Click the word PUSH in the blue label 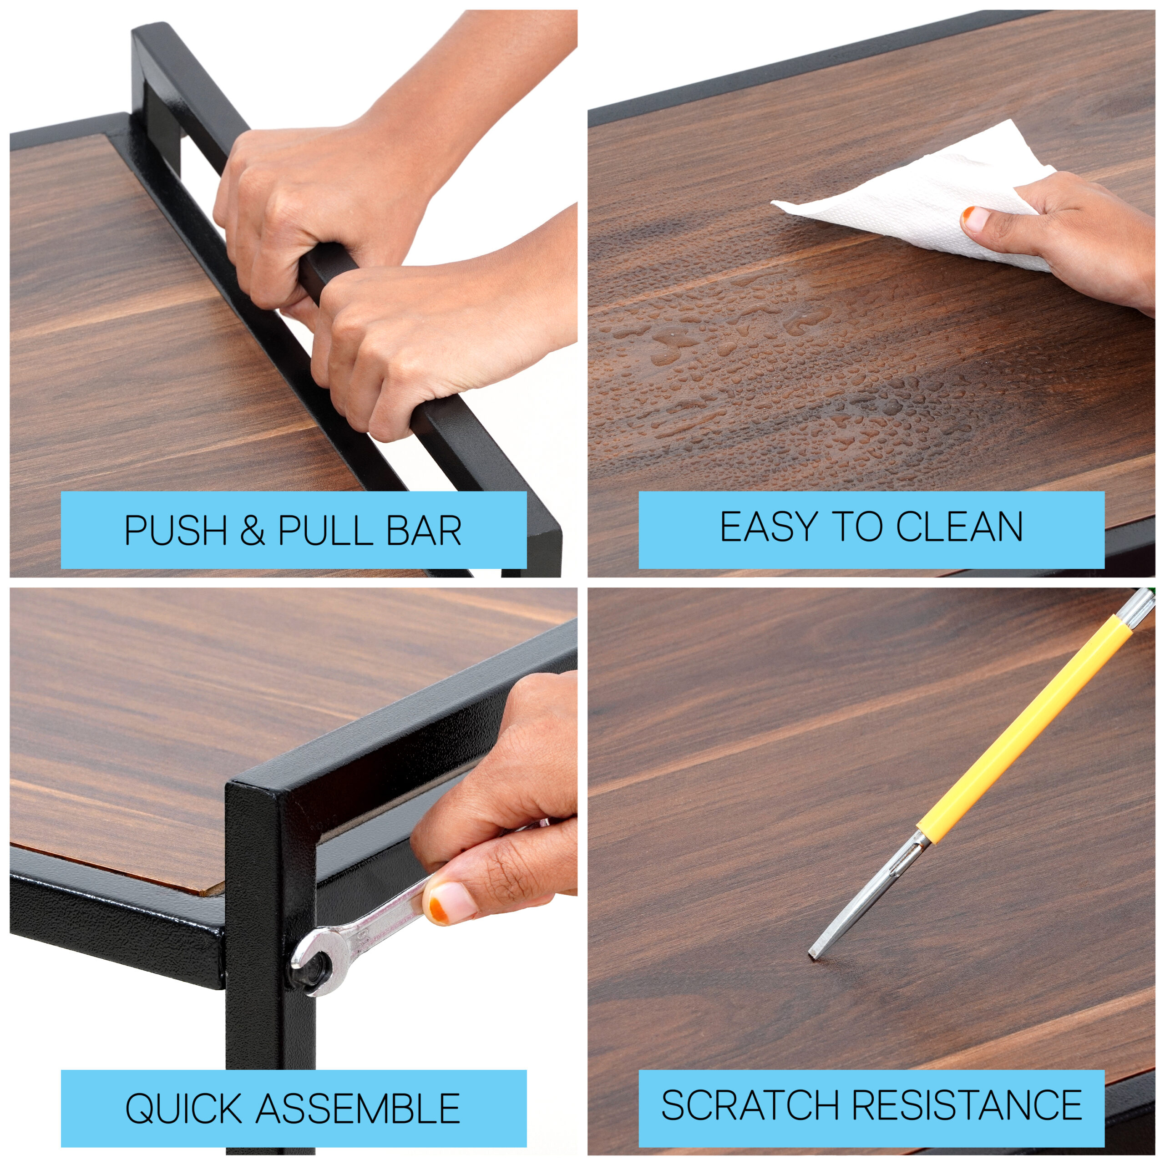176,531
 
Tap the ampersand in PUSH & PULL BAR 252,531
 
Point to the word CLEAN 959,527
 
